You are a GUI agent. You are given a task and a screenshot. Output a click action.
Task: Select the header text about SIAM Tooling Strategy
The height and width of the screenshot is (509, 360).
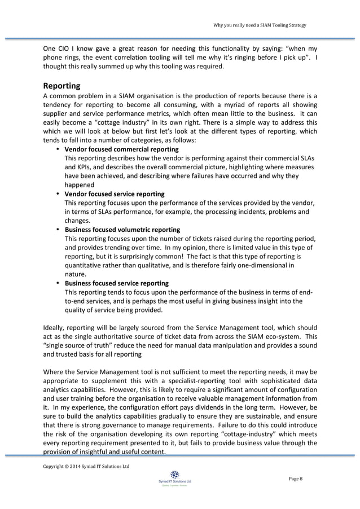(x=260, y=25)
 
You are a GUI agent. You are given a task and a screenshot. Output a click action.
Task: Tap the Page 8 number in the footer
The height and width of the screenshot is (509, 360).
(x=296, y=479)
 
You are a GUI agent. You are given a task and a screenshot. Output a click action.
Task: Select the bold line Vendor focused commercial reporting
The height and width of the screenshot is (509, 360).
(x=121, y=150)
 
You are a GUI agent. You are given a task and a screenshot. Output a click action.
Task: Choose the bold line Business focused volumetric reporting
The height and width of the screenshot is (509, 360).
(x=122, y=230)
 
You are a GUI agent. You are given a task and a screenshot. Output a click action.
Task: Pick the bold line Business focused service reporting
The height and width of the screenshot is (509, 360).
(x=116, y=283)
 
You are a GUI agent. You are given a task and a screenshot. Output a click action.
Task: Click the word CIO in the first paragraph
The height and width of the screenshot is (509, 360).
(x=65, y=49)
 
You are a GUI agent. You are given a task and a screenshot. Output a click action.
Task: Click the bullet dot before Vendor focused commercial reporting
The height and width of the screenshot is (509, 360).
(x=58, y=150)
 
